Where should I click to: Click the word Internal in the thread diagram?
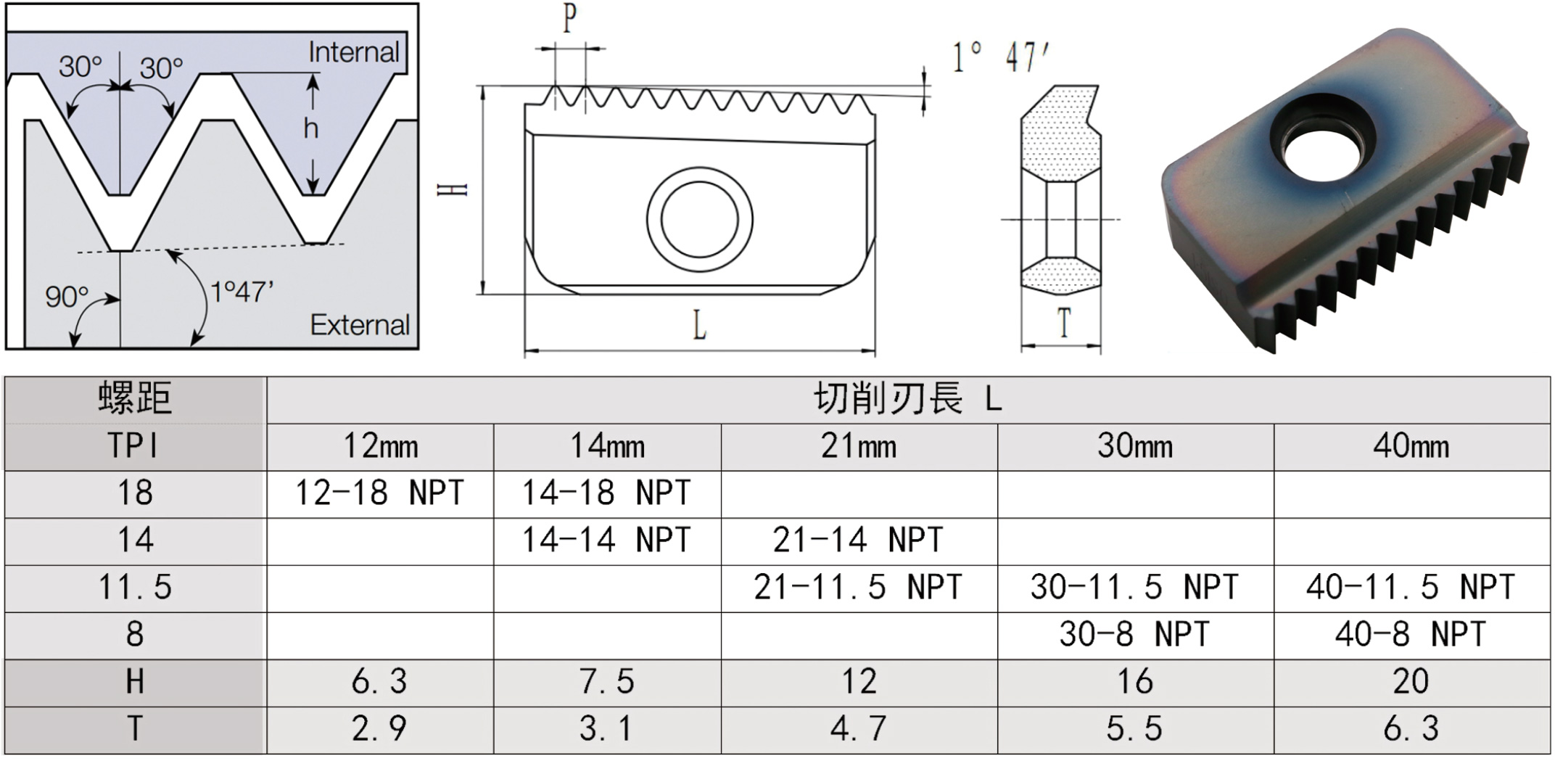(354, 52)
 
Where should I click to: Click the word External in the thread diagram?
(360, 324)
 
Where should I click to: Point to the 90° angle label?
(67, 297)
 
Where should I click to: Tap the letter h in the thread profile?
(311, 128)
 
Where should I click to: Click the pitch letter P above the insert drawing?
(570, 18)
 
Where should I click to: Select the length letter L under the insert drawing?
(699, 326)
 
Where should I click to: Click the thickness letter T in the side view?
(1064, 323)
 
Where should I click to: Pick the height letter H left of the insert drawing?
(453, 189)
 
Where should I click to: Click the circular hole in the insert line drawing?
(699, 219)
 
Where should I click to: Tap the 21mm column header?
(859, 446)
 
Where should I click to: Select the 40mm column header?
(1411, 446)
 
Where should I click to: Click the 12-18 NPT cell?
(379, 493)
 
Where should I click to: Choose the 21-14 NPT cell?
(858, 540)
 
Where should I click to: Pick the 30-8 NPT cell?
(1134, 635)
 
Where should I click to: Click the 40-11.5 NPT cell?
(1411, 588)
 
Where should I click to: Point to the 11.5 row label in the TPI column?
(135, 588)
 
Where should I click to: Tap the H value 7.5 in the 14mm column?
(606, 682)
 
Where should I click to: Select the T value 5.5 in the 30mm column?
(1134, 729)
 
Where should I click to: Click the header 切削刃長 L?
(908, 398)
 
